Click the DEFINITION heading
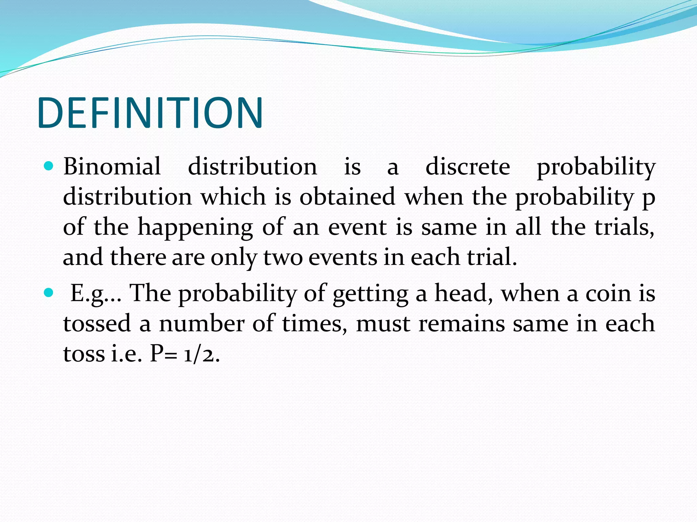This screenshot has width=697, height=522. point(150,113)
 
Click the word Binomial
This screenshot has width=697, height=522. point(112,167)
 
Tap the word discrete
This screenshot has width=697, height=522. point(468,167)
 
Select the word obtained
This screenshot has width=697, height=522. point(347,197)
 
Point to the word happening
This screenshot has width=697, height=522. point(195,228)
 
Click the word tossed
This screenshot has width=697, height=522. point(97,323)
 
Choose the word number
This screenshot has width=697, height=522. point(202,323)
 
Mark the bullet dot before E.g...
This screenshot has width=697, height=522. point(49,293)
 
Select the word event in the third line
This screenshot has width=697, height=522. point(357,227)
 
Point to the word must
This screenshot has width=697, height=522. point(383,324)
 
